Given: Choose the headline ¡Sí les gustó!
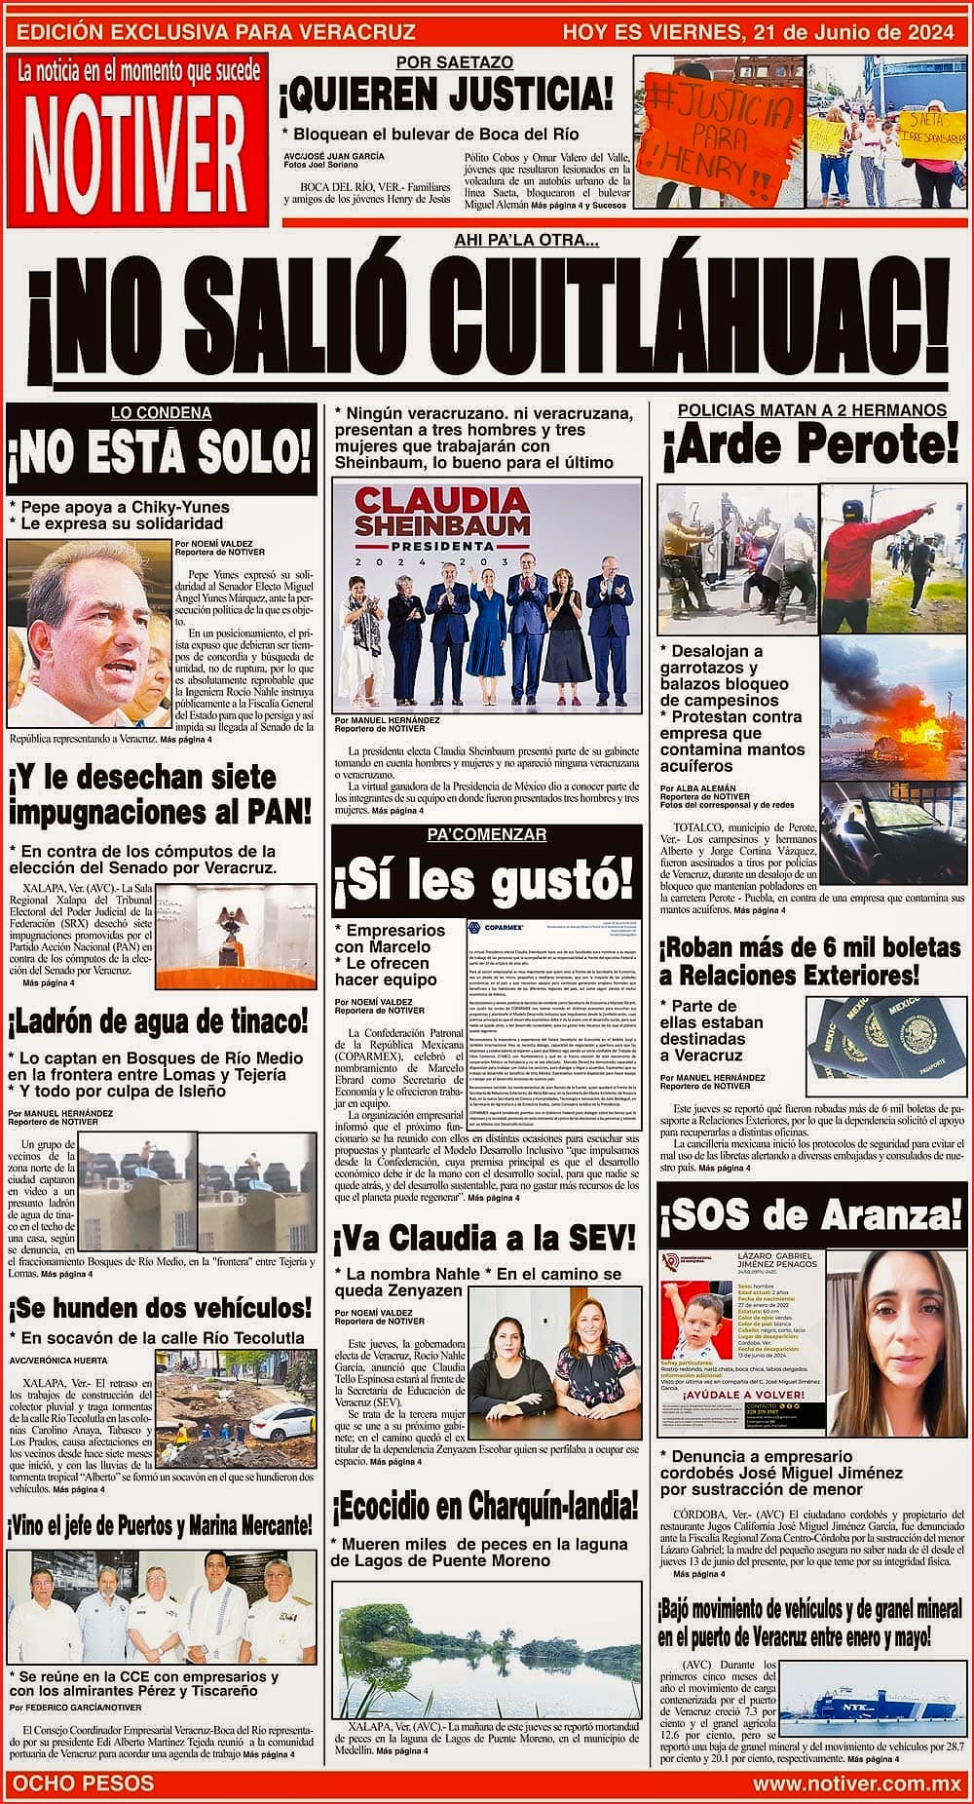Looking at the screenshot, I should pos(484,882).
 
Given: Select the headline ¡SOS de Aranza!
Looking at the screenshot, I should pos(811,1213).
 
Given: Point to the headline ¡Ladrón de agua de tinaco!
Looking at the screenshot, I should pos(159,1022).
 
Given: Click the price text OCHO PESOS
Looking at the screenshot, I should pos(82,1783).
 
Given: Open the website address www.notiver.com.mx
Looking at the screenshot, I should pos(856,1784).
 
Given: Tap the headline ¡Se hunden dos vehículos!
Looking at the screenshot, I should pos(160,1308).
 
